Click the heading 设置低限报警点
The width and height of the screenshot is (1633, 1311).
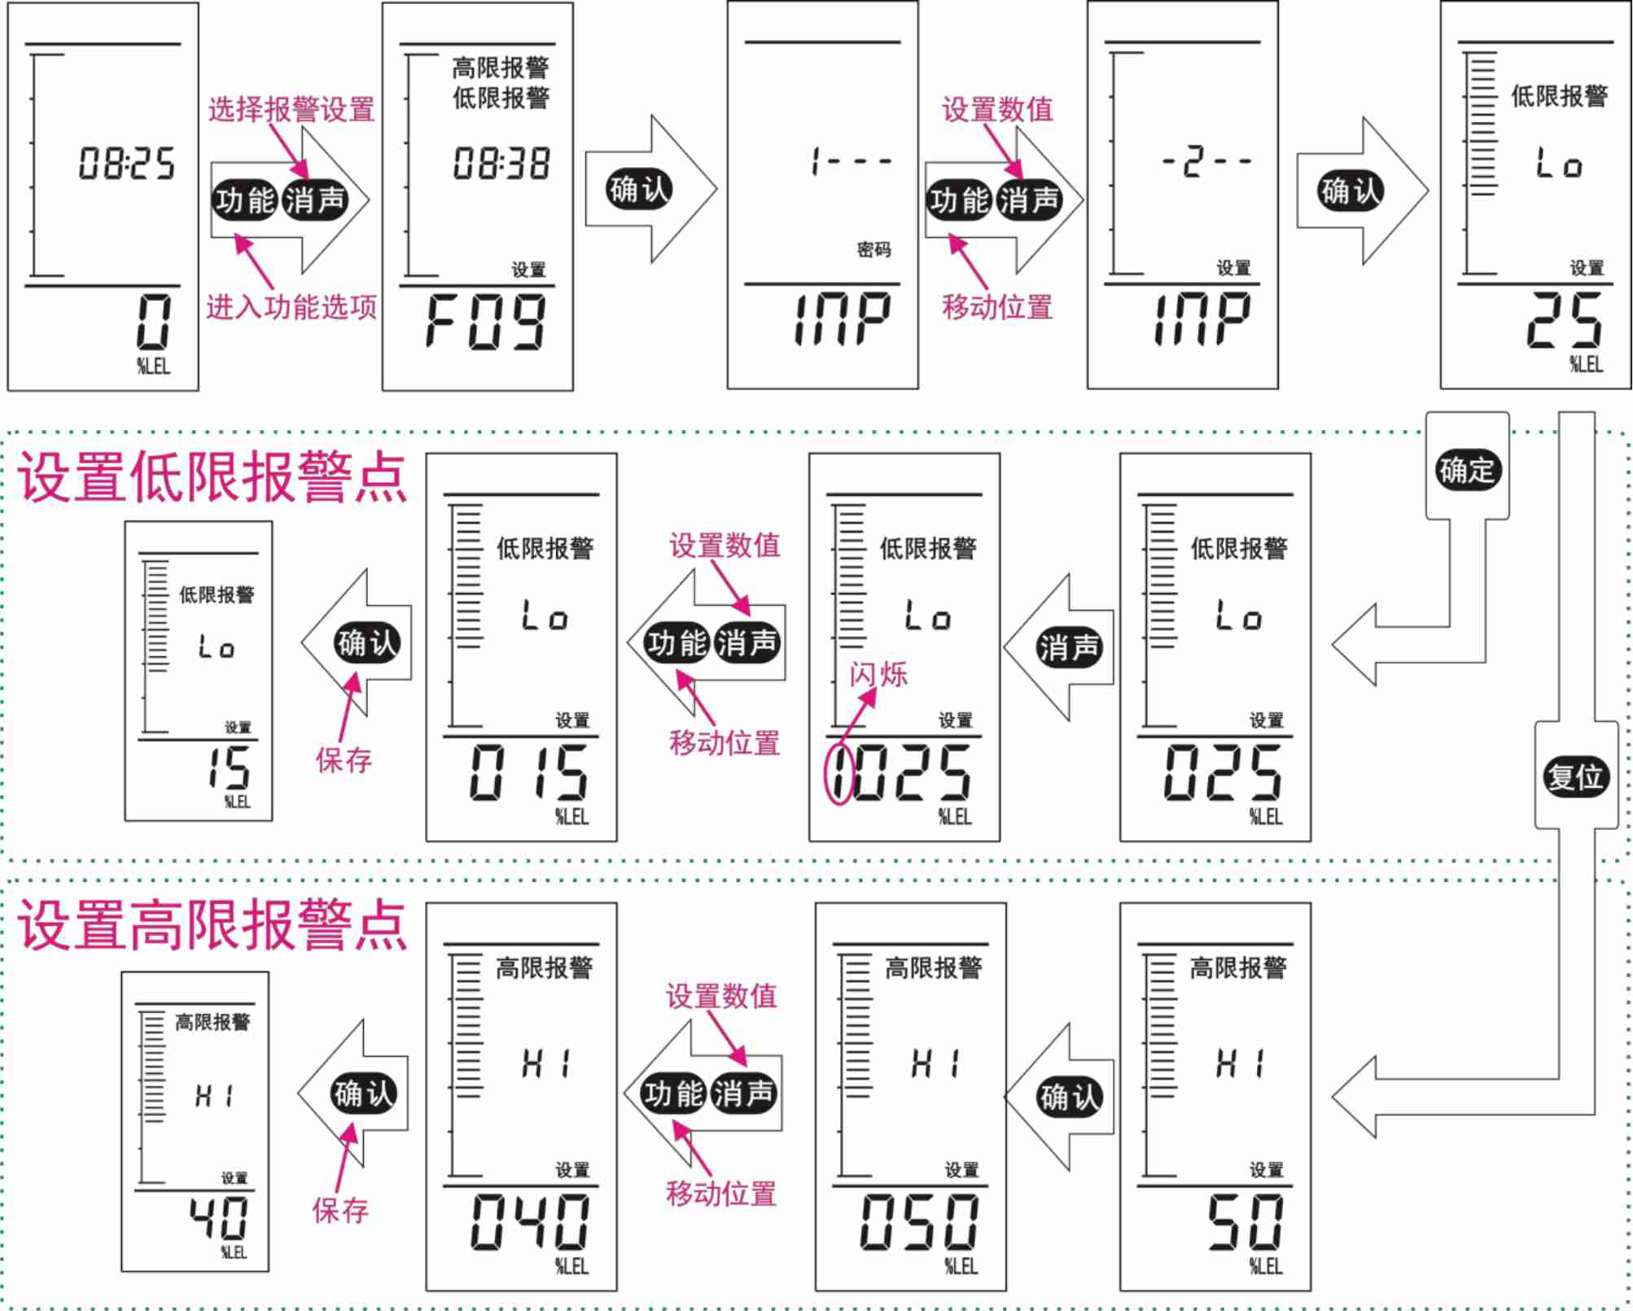(212, 478)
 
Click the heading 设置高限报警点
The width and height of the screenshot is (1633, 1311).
(212, 926)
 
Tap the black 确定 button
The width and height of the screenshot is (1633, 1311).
(1467, 471)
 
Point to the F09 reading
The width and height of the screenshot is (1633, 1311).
(485, 322)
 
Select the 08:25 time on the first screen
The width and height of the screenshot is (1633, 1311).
(126, 164)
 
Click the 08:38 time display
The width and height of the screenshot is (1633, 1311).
(501, 164)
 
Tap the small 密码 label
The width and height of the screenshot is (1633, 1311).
(873, 249)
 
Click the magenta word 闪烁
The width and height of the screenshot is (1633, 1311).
(878, 674)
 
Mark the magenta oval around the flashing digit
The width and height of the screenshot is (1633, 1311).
(839, 774)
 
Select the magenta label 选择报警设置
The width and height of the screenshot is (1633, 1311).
(291, 109)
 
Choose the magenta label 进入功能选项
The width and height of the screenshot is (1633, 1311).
(291, 307)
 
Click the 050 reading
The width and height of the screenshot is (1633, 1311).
(919, 1221)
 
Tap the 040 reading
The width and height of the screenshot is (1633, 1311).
(529, 1221)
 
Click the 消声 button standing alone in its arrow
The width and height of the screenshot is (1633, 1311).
(1068, 647)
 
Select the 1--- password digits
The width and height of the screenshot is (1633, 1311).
(852, 161)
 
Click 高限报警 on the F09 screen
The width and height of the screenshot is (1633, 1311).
(501, 68)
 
